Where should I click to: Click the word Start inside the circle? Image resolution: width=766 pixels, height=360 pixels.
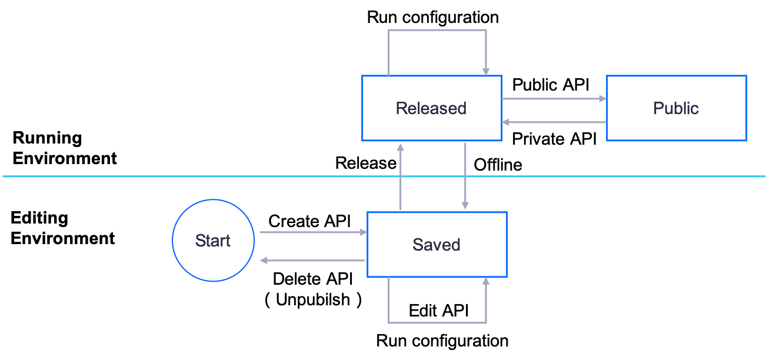(x=212, y=241)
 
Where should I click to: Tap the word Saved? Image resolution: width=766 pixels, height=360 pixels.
(x=436, y=245)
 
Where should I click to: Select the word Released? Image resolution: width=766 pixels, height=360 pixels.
(x=431, y=108)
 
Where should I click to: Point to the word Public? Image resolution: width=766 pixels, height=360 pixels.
(x=676, y=108)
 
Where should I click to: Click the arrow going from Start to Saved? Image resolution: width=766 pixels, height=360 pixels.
(x=312, y=232)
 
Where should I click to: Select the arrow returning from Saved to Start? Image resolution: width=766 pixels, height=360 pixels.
(x=312, y=261)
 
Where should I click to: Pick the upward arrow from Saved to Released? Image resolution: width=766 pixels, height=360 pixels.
(x=401, y=176)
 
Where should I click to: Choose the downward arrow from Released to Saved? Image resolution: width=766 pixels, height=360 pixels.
(x=465, y=176)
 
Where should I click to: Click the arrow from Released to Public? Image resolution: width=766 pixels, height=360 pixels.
(x=553, y=99)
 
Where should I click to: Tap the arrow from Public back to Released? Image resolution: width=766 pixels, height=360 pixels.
(x=553, y=122)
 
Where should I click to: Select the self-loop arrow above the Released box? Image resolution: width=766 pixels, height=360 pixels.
(x=437, y=30)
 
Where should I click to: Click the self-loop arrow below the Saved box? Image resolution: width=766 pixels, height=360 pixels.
(x=437, y=323)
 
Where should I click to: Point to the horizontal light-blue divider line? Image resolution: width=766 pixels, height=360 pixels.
(x=118, y=176)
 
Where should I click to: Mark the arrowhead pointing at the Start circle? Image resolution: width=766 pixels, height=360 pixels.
(x=263, y=261)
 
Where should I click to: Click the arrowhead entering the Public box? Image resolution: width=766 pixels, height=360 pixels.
(x=602, y=99)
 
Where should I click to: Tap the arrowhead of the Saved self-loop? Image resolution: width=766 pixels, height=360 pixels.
(x=486, y=282)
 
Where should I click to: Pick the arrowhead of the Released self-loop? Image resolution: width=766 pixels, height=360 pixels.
(x=486, y=71)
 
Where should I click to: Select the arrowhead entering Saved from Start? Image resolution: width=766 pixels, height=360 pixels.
(x=364, y=232)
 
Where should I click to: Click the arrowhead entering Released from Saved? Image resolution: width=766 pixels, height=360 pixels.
(x=401, y=146)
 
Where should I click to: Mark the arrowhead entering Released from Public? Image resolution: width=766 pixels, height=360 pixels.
(x=506, y=122)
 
